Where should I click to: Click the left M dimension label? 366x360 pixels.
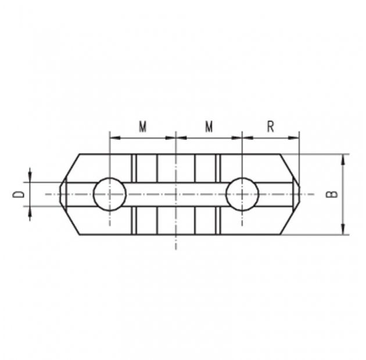click(x=142, y=127)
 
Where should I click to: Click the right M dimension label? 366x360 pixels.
click(x=209, y=127)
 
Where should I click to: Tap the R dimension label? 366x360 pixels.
click(x=270, y=127)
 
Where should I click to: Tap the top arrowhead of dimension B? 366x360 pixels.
click(x=343, y=160)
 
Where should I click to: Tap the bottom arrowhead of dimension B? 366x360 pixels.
click(x=343, y=229)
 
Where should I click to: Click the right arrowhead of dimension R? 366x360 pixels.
click(x=293, y=138)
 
